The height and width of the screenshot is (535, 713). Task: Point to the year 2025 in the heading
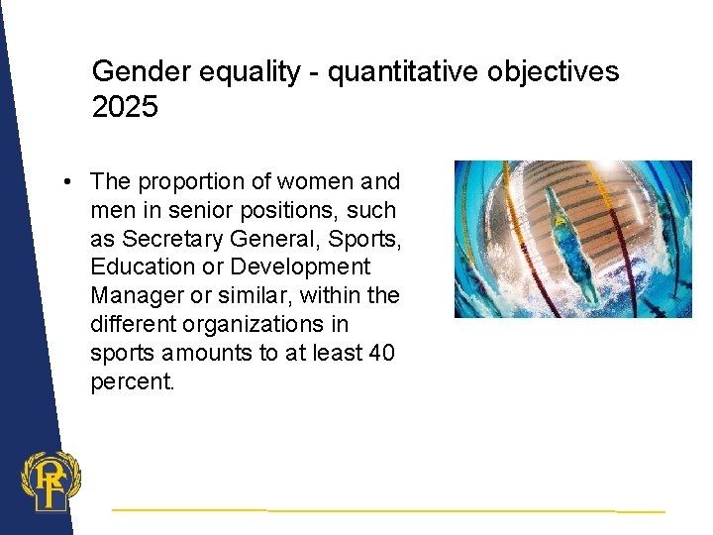click(125, 107)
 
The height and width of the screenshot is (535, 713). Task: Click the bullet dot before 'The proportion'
click(64, 182)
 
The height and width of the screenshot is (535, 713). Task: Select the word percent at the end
click(132, 381)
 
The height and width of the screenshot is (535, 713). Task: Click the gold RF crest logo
click(50, 481)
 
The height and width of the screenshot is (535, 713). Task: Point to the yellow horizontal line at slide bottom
click(386, 510)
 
